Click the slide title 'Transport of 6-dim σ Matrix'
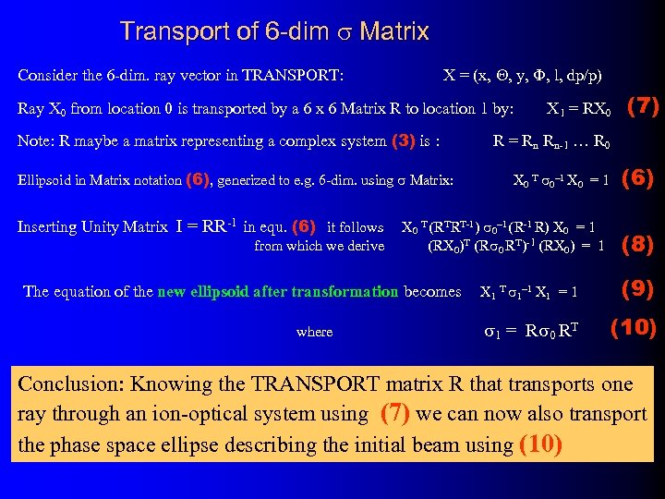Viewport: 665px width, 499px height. [274, 32]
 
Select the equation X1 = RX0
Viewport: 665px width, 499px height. [578, 109]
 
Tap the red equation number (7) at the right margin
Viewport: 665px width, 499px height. [643, 106]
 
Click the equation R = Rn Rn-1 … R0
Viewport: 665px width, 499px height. [550, 142]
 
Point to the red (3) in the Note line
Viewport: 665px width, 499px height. [403, 142]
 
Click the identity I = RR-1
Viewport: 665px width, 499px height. [208, 226]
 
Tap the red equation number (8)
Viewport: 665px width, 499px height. [639, 245]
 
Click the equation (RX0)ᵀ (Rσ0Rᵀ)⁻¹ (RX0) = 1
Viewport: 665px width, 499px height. [515, 246]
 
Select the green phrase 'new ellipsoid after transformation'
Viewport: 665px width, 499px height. [279, 292]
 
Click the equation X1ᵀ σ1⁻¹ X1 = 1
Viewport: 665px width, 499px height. [529, 292]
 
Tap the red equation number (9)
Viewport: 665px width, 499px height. [638, 288]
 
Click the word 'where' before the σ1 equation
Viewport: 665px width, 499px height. [314, 332]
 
